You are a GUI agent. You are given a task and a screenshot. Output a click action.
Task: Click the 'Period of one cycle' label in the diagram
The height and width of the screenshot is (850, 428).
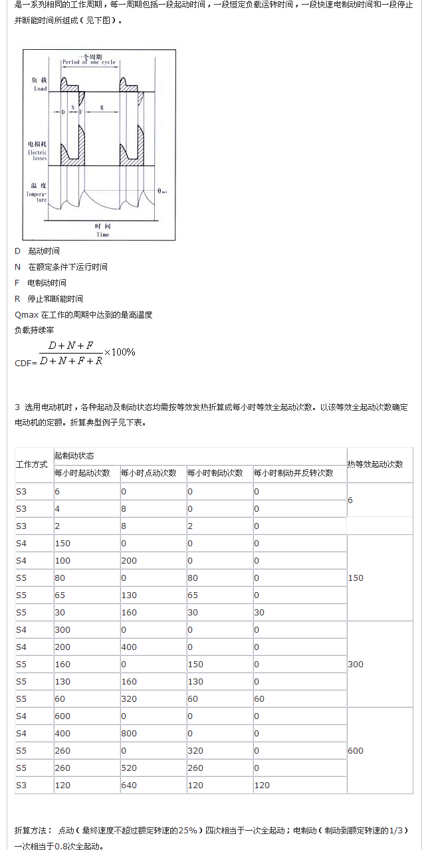click(89, 62)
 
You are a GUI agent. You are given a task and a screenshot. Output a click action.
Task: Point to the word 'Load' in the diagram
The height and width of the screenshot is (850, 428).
click(40, 88)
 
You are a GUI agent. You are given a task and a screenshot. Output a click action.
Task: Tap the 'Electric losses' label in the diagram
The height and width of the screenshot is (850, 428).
click(37, 156)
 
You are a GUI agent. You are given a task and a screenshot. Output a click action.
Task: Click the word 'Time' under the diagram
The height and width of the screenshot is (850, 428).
click(102, 235)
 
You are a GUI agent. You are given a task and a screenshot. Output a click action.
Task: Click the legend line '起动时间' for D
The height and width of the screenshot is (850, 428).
click(44, 251)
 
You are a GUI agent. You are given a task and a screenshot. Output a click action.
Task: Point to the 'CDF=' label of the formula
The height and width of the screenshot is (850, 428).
click(26, 364)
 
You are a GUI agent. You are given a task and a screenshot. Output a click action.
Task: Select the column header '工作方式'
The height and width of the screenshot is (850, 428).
click(31, 464)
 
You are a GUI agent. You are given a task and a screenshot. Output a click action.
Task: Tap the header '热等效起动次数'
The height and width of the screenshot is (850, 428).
click(375, 465)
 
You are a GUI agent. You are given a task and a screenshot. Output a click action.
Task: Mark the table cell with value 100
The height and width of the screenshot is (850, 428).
click(62, 561)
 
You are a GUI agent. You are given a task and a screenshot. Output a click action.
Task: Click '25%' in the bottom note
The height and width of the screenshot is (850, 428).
click(186, 831)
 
